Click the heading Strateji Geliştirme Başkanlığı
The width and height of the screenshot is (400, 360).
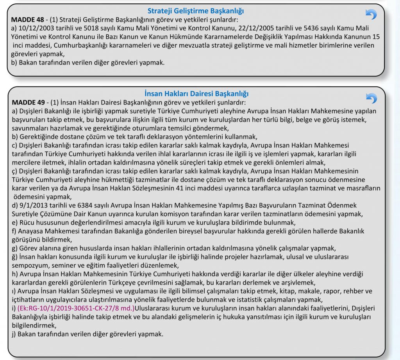point(198,11)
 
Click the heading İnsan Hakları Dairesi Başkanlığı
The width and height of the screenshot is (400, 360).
point(196,94)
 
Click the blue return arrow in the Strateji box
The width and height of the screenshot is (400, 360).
point(371,14)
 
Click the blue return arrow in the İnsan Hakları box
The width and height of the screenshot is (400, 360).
point(371,98)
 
